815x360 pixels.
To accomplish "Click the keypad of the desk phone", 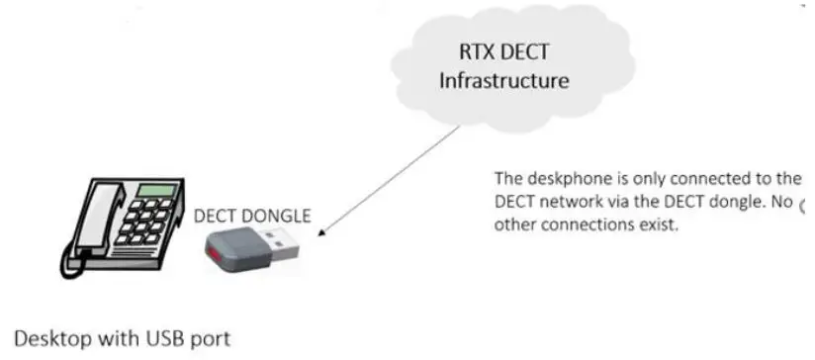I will click(143, 223).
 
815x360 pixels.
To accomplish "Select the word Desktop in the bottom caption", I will click(51, 338).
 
